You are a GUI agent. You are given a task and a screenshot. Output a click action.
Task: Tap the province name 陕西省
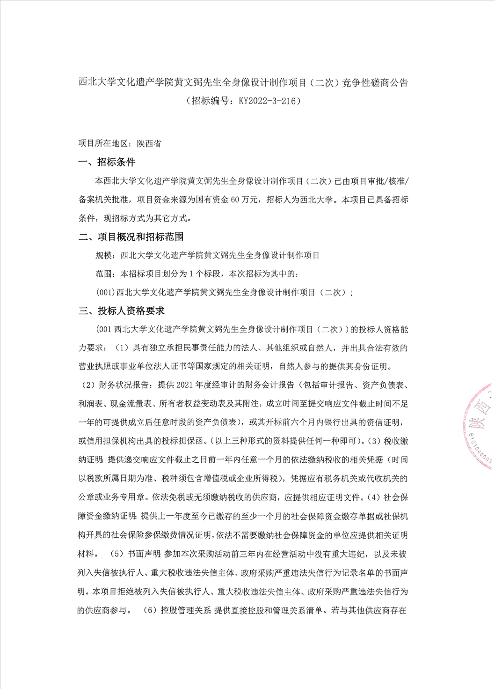(149, 143)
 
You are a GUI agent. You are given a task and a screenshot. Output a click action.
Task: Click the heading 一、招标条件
(107, 162)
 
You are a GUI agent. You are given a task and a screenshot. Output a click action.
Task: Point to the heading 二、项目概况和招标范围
(131, 237)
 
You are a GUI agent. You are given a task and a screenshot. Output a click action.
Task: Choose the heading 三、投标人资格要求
(122, 311)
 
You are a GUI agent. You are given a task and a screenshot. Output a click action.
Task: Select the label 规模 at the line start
(103, 255)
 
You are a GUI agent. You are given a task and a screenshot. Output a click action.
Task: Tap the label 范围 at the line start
(103, 274)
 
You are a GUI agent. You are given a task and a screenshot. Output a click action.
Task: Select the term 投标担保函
(182, 441)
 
